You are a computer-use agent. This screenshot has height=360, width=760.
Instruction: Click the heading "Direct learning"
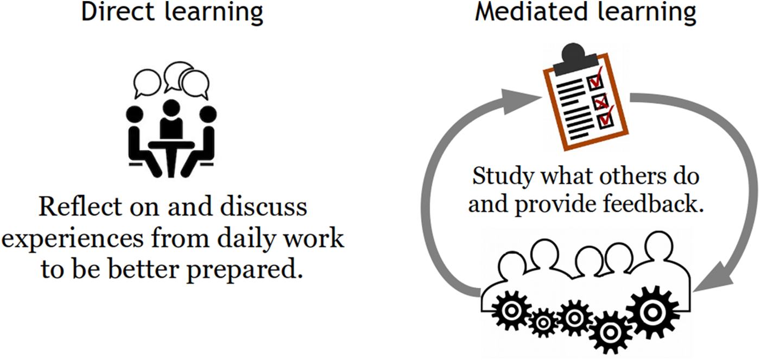[172, 12]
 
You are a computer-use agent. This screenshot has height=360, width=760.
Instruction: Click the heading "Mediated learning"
[586, 12]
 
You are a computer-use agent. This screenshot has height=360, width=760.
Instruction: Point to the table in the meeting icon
[172, 144]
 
